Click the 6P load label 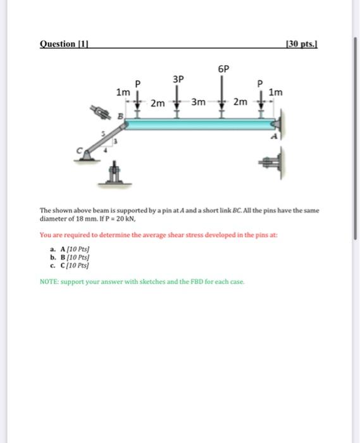(x=223, y=68)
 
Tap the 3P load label (x=178, y=79)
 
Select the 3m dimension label (x=199, y=102)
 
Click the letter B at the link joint (x=121, y=116)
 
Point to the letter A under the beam (x=274, y=137)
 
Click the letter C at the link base (x=80, y=151)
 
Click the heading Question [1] (x=64, y=44)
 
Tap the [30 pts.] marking (x=302, y=44)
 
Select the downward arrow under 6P (x=222, y=92)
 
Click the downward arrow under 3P (x=177, y=97)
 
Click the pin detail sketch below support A (x=270, y=163)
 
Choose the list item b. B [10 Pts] (x=70, y=258)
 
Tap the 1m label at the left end (x=123, y=92)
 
